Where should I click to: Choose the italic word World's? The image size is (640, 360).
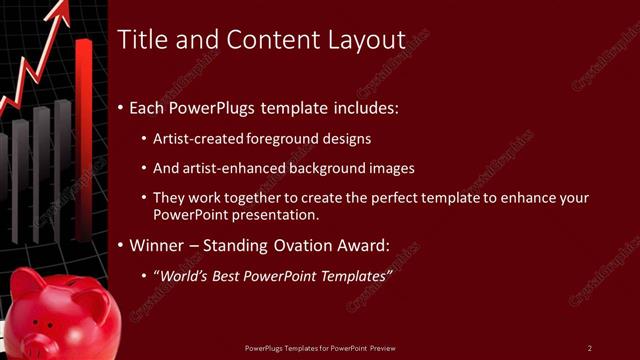[186, 275]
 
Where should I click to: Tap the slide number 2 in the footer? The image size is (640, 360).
[590, 347]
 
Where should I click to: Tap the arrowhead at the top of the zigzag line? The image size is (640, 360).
[61, 13]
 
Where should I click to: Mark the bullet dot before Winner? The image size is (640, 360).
[122, 245]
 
